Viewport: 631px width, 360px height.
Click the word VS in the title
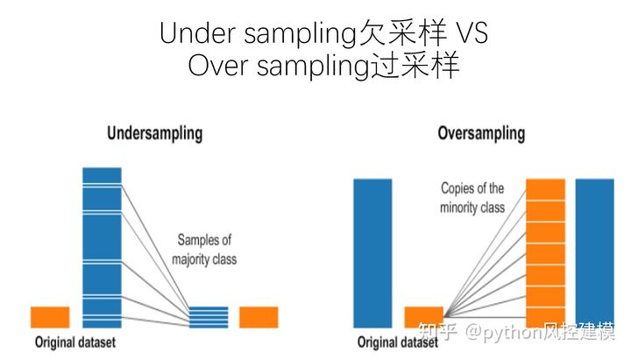pyautogui.click(x=470, y=33)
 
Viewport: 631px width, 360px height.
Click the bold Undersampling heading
pyautogui.click(x=154, y=134)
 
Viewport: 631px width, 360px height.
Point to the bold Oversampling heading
pyautogui.click(x=481, y=134)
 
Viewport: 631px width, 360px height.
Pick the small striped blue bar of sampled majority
pyautogui.click(x=209, y=316)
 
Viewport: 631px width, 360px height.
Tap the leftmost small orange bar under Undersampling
pyautogui.click(x=50, y=317)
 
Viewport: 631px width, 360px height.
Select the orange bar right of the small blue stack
pyautogui.click(x=259, y=317)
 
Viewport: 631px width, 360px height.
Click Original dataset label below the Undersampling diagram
pyautogui.click(x=75, y=342)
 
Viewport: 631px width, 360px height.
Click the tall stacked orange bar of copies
pyautogui.click(x=545, y=254)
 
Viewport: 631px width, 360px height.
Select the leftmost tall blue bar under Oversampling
pyautogui.click(x=372, y=254)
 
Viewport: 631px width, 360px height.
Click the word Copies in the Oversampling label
pyautogui.click(x=461, y=188)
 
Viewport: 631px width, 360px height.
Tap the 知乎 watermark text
pyautogui.click(x=437, y=332)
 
